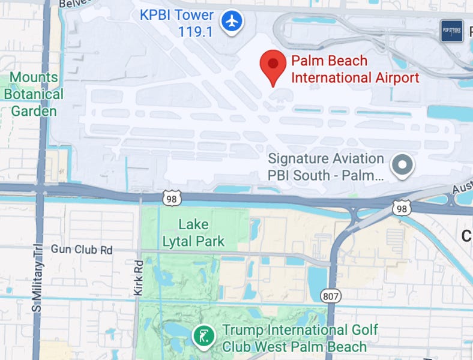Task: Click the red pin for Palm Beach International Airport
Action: pos(273,66)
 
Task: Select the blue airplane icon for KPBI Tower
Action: pos(231,22)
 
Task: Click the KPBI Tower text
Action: pos(176,14)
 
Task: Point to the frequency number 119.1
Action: pos(195,31)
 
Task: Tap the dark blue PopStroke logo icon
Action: pos(451,31)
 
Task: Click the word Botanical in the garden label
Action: pos(34,94)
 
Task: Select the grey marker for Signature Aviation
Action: pos(402,164)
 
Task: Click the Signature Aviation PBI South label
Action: pos(325,167)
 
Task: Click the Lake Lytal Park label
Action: pos(193,233)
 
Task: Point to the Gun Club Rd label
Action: pos(81,248)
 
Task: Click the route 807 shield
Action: pos(331,296)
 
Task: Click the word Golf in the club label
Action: pos(362,330)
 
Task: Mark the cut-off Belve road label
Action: pos(70,4)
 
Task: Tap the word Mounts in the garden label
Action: pos(34,77)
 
